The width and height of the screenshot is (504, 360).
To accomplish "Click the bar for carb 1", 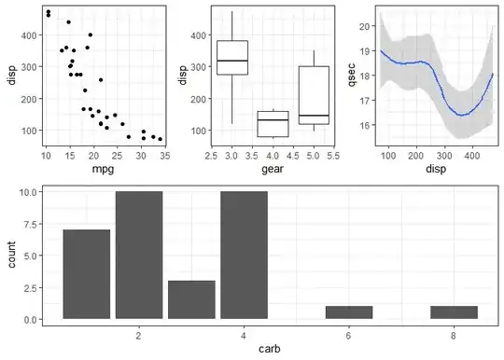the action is [87, 274].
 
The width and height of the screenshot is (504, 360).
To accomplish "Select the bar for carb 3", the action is [191, 299].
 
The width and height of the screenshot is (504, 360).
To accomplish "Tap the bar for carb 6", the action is [349, 312].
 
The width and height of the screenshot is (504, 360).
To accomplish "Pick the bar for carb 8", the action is [454, 312].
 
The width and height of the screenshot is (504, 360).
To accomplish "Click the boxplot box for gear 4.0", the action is [273, 124].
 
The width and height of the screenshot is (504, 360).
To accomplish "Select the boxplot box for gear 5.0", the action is [314, 95].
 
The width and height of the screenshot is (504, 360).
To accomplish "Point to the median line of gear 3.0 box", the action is [232, 61].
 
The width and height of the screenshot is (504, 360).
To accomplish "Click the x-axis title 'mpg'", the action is [103, 169].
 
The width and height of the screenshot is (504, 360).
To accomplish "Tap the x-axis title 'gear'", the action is [273, 169].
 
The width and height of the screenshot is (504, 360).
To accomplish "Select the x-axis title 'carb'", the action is [270, 349].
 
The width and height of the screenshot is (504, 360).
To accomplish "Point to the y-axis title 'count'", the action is [11, 255].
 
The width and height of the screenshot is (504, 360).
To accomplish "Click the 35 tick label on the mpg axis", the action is [165, 156].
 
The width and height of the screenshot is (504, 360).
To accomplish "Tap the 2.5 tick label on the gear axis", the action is [211, 156].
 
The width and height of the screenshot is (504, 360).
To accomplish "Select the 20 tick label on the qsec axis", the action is [366, 26].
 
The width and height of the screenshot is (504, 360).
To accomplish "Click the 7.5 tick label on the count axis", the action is [30, 224].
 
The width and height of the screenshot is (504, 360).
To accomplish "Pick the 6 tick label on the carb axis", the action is [349, 336].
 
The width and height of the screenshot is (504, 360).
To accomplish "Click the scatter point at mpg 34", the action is [161, 139].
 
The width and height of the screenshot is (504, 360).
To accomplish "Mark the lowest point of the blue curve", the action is [462, 115].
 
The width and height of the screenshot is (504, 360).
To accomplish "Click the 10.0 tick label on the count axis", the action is [29, 192].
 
